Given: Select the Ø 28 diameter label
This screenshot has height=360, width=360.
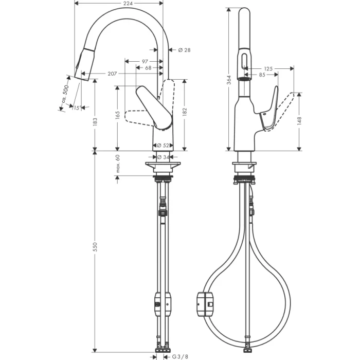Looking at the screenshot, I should point(184,50).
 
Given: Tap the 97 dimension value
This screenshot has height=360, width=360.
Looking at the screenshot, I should point(146,61).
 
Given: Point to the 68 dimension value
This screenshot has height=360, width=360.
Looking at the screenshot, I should point(148,68).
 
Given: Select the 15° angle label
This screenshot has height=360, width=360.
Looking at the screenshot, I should point(76,107).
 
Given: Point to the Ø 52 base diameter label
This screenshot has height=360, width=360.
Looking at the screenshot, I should point(163,146).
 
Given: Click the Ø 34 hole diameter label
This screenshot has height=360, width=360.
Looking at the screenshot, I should point(163,157).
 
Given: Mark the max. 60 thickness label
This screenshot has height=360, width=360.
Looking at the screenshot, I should point(117,163).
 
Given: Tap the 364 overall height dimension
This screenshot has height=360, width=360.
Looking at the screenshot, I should point(228,79).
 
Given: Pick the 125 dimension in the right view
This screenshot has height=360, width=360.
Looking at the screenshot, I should point(268,68).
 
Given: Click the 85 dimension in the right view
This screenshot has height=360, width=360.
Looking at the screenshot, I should point(262,75).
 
